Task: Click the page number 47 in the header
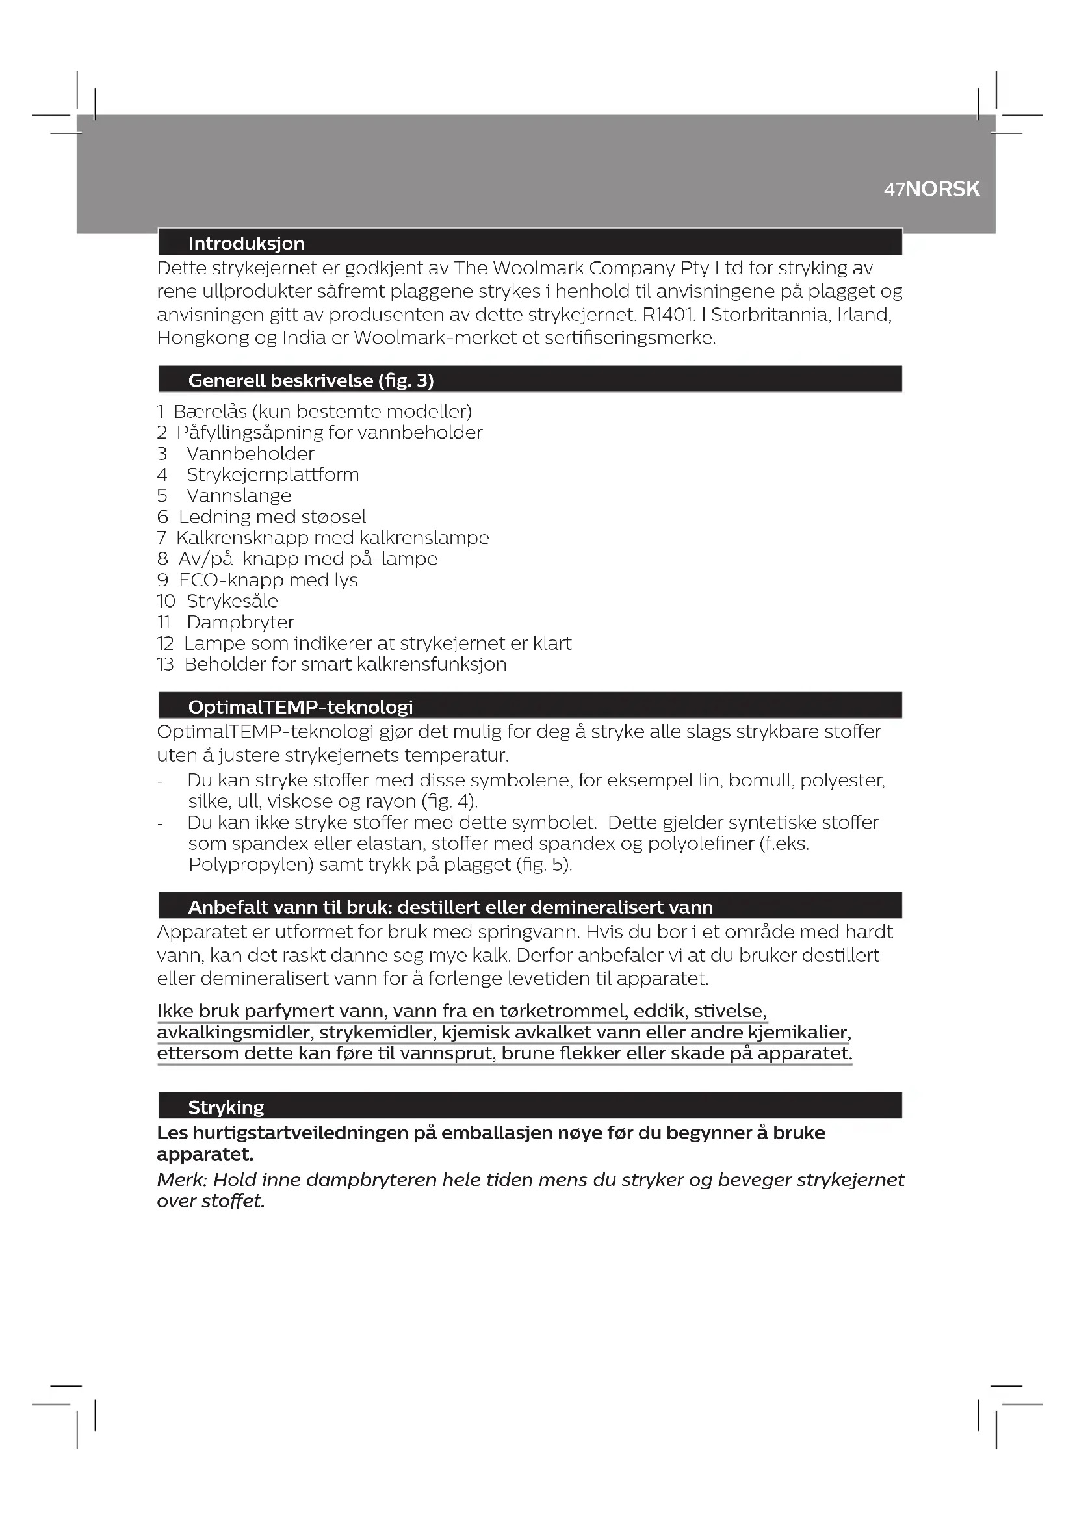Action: point(894,189)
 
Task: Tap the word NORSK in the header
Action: point(942,189)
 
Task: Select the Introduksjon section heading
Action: point(246,244)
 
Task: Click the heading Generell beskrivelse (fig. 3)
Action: point(311,381)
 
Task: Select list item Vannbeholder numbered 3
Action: point(250,454)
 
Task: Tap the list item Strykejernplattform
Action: point(273,475)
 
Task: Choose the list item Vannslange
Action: point(239,496)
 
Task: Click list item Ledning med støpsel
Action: point(272,517)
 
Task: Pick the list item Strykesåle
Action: point(232,601)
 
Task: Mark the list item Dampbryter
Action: point(240,623)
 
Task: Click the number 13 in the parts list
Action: point(165,665)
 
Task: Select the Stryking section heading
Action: point(226,1107)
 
